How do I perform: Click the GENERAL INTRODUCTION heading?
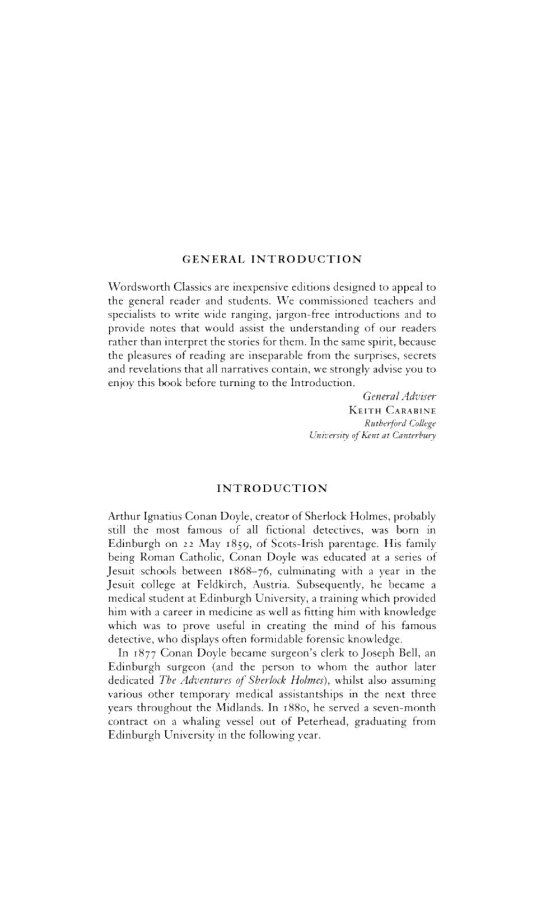(x=272, y=259)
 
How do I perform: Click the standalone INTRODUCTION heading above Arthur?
(x=272, y=488)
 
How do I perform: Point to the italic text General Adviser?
(x=399, y=396)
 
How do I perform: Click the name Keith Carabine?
(x=392, y=410)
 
